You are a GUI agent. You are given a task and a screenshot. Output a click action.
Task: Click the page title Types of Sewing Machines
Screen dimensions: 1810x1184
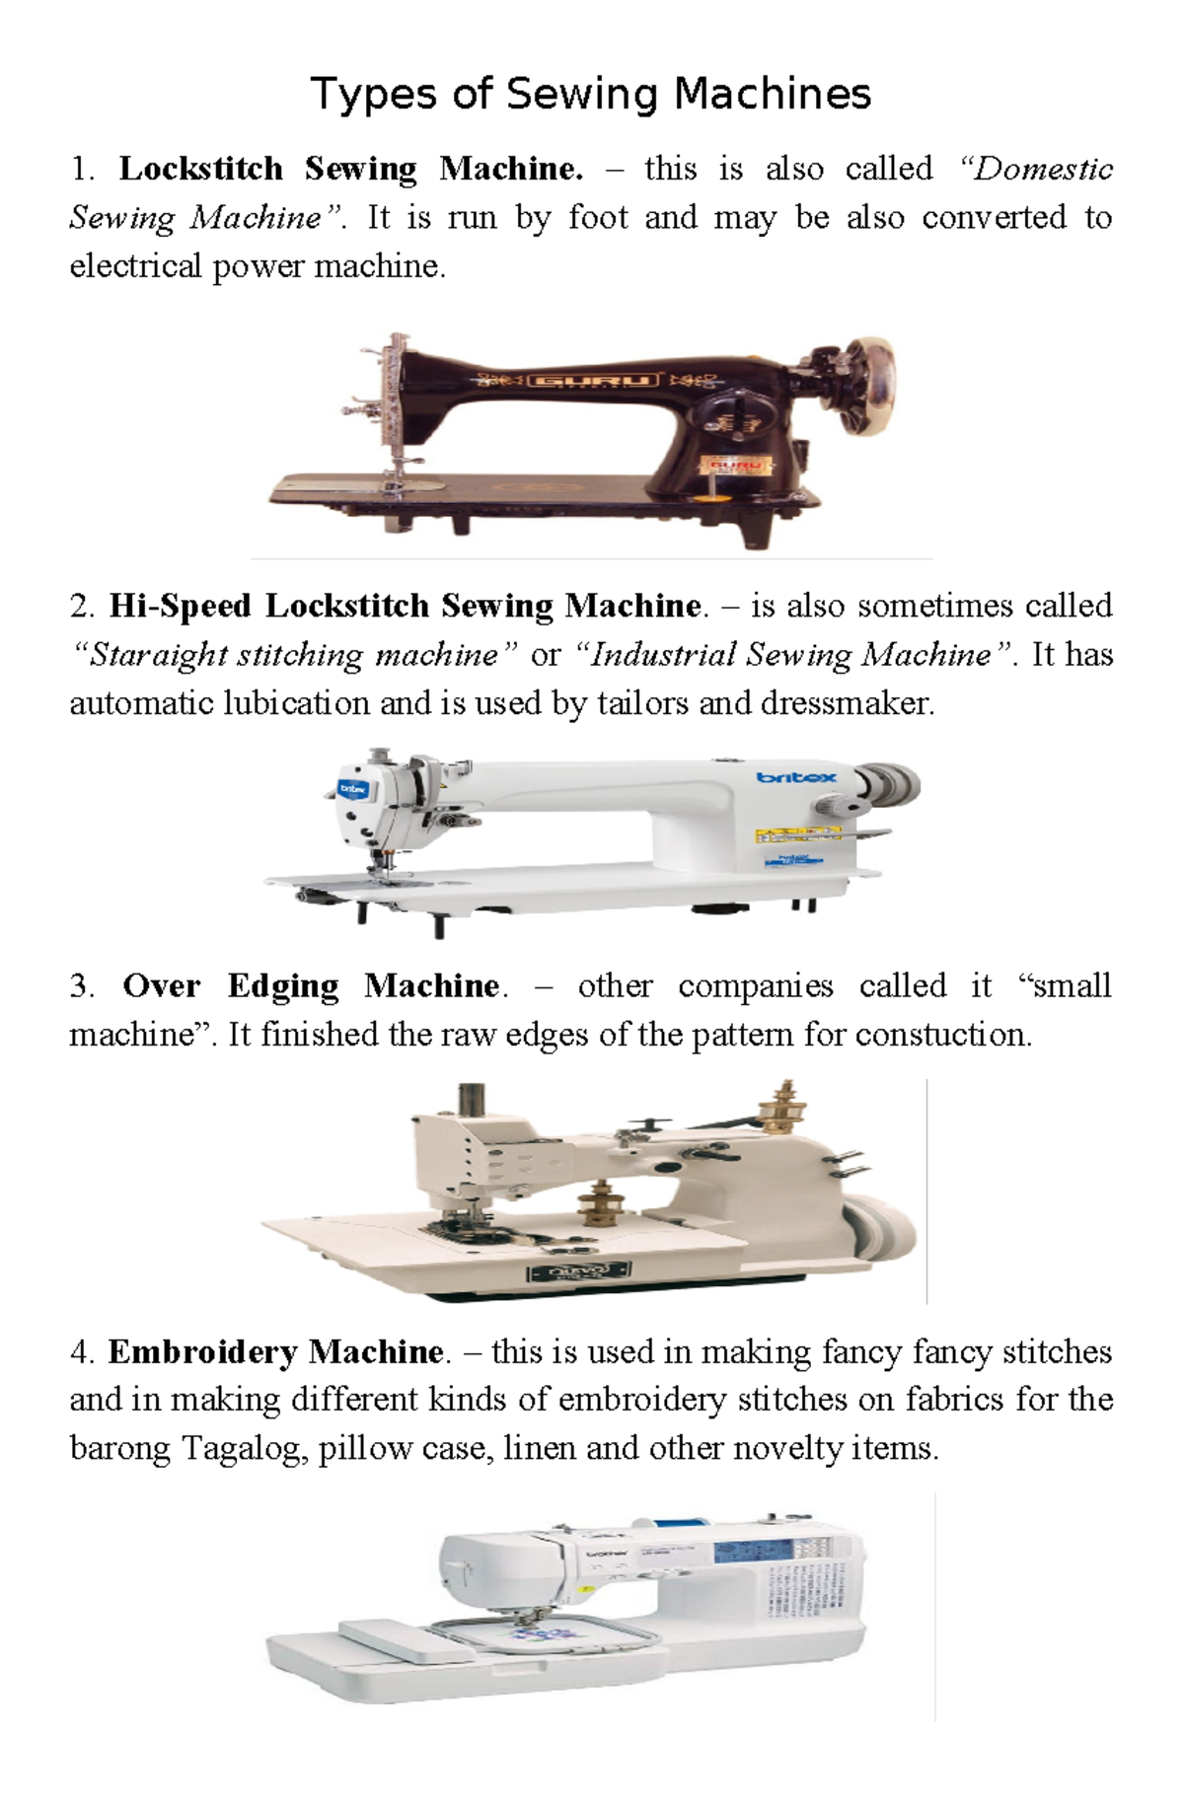(x=590, y=95)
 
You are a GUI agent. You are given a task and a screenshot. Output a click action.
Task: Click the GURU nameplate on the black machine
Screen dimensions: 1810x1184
(x=593, y=380)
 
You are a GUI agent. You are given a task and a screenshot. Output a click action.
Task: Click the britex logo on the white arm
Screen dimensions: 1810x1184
(x=795, y=777)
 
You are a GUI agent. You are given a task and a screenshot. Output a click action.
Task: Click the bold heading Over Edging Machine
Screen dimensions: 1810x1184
(x=312, y=985)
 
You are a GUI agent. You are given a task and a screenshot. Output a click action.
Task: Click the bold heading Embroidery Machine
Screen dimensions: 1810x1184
(x=276, y=1350)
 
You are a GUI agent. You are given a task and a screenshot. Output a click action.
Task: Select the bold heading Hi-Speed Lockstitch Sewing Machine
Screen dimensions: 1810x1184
(x=405, y=605)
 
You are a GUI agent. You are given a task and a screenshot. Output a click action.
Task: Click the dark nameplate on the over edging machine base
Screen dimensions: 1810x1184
(x=579, y=1271)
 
